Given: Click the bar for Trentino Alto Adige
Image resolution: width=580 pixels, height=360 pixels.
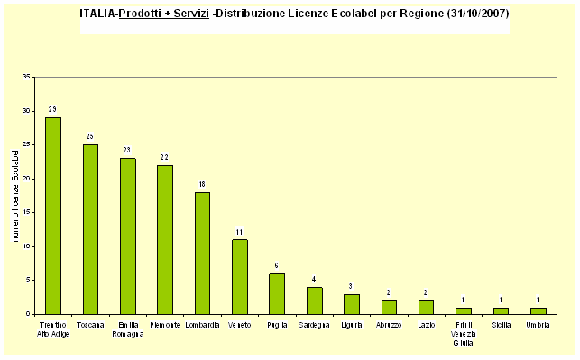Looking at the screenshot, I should point(53,216).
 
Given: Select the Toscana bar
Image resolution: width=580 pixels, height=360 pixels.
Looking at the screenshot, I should point(90,229).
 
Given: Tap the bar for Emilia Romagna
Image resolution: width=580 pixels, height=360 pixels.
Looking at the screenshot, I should point(128,235).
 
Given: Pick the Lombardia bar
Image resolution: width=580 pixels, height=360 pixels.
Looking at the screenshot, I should point(202,253).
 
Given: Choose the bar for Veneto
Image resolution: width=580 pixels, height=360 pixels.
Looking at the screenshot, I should point(239,276).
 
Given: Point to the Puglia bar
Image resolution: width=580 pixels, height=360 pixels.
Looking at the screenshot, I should point(277,293).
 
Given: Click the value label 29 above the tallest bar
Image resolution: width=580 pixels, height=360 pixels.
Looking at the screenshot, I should point(53,109).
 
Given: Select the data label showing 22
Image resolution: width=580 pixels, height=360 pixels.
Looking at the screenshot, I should point(165,157).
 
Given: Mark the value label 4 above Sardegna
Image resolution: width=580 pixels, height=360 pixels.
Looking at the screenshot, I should point(314,279).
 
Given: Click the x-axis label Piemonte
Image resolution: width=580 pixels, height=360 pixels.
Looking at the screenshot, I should point(165,324).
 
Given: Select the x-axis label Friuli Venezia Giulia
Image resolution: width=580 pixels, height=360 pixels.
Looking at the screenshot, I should point(464,331).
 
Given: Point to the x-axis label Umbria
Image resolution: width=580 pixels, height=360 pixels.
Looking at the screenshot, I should point(539,324).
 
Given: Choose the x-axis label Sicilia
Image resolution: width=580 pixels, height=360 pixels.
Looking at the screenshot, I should point(501,324).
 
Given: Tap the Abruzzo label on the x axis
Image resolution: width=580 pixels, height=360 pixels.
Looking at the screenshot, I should point(389,324).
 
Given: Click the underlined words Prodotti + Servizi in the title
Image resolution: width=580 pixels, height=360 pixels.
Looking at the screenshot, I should point(170,15).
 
